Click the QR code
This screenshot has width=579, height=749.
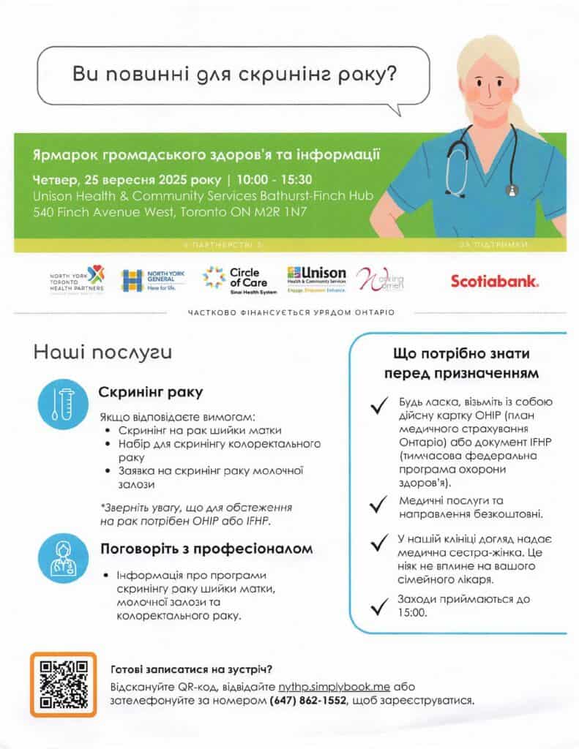[x=63, y=683]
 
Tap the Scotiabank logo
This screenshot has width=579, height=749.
[x=495, y=280]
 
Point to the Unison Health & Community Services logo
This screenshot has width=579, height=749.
[x=316, y=279]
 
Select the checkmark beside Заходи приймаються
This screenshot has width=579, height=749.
[x=378, y=604]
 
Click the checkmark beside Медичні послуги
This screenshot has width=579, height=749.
[x=378, y=503]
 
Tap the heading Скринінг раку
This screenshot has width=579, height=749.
[x=151, y=392]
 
